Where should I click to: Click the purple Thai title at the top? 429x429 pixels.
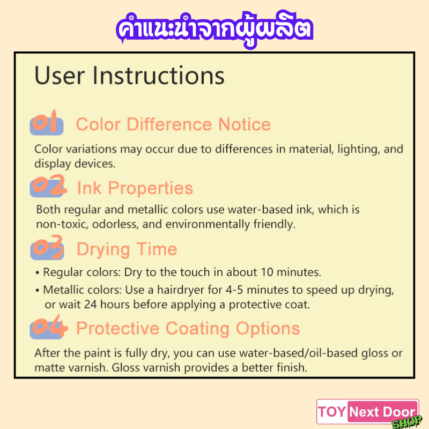click(x=214, y=29)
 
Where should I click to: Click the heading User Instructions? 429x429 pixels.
click(x=129, y=75)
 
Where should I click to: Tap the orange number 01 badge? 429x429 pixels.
click(x=47, y=123)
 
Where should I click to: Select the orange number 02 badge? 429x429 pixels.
click(x=48, y=186)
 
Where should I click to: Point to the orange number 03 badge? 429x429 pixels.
click(x=47, y=247)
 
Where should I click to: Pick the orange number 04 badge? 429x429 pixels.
click(x=49, y=327)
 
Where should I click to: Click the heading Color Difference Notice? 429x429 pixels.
click(x=173, y=124)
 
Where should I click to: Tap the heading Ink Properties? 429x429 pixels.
click(x=135, y=188)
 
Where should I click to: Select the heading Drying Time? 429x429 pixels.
click(x=127, y=249)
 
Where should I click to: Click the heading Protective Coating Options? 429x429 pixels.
click(x=188, y=328)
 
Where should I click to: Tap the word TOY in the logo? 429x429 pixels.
click(x=332, y=412)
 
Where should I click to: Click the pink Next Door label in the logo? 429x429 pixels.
click(x=383, y=411)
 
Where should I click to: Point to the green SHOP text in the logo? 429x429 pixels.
click(x=407, y=422)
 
